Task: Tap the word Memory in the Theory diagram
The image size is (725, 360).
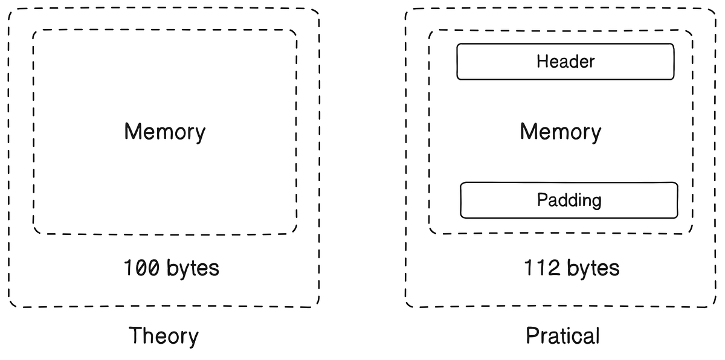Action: point(164,132)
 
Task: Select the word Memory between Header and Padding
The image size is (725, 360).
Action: point(560,132)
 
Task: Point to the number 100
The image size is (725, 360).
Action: point(141,268)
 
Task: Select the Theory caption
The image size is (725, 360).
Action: point(164,336)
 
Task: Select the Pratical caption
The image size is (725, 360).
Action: point(562,336)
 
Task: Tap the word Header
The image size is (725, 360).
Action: point(565,62)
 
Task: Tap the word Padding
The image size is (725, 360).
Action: point(569,200)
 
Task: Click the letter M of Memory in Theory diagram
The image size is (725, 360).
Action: point(132,132)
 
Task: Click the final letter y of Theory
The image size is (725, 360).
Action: point(193,338)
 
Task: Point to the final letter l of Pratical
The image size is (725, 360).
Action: point(597,335)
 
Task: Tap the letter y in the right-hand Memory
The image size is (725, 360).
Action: point(596,134)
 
